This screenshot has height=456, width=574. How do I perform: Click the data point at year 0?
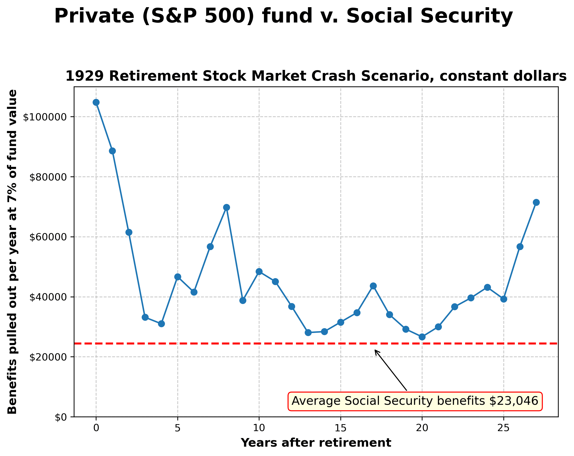(x=96, y=102)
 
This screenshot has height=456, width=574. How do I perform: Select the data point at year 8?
(x=227, y=207)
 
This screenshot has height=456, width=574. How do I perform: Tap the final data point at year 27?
(x=536, y=202)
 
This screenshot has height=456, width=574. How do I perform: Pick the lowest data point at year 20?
(x=422, y=337)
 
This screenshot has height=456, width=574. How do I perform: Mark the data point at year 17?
(x=373, y=286)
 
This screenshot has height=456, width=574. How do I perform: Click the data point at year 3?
(x=145, y=317)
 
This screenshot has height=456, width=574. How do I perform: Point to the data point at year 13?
(x=308, y=332)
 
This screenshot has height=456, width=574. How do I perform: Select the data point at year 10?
(x=259, y=271)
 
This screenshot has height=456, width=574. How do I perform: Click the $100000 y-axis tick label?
(x=44, y=117)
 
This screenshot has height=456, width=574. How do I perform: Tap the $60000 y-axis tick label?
(x=47, y=237)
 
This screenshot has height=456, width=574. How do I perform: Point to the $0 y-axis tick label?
(x=60, y=417)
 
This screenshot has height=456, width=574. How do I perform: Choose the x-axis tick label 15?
(x=341, y=428)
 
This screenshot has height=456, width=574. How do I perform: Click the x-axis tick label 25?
(x=503, y=428)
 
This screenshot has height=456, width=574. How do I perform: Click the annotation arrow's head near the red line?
(x=375, y=350)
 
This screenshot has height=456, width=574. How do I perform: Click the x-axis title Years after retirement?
(x=316, y=443)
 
